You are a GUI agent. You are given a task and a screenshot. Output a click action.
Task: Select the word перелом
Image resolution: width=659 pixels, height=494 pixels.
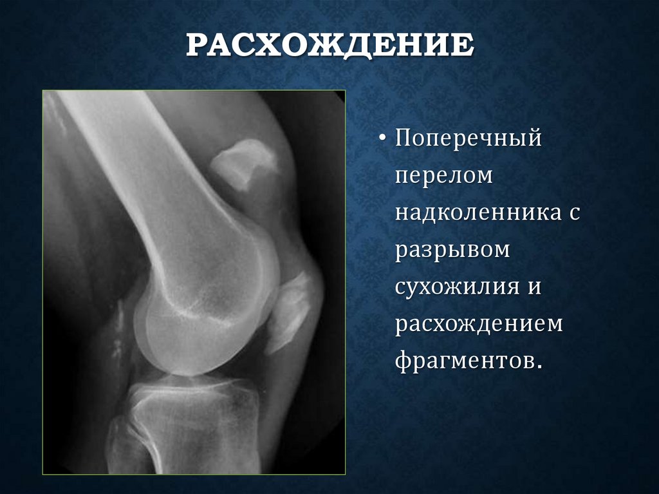tap(443, 176)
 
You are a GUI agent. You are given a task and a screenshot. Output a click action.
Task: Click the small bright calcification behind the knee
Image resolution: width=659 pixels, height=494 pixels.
tap(119, 328)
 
